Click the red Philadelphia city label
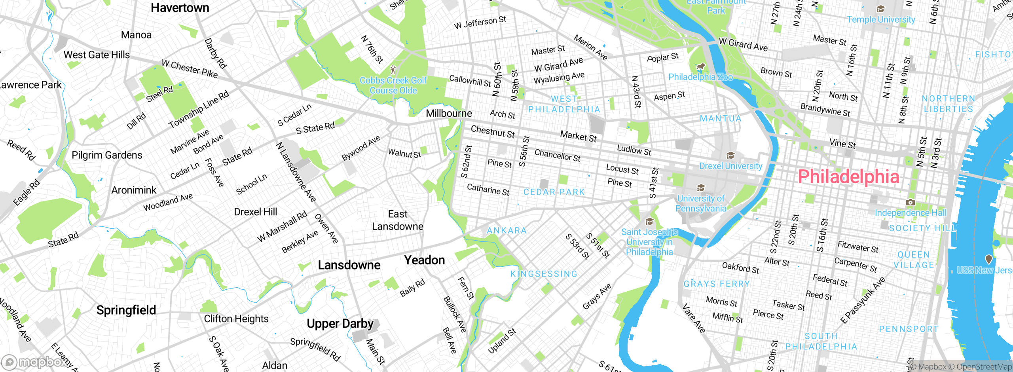[848, 177]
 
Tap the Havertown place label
[180, 8]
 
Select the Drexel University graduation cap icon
[730, 155]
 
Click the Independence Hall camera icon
[911, 202]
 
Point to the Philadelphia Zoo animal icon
[701, 66]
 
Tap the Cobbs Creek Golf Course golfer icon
[393, 70]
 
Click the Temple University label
[881, 19]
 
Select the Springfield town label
[126, 310]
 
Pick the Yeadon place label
[425, 260]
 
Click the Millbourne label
[449, 114]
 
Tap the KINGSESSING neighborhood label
[544, 274]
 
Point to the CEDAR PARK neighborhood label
[554, 192]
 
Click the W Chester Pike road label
[190, 69]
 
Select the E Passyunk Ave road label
[863, 301]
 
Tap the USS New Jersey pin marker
[988, 259]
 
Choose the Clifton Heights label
[236, 319]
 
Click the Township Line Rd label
[199, 109]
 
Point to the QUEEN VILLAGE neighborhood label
[914, 260]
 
